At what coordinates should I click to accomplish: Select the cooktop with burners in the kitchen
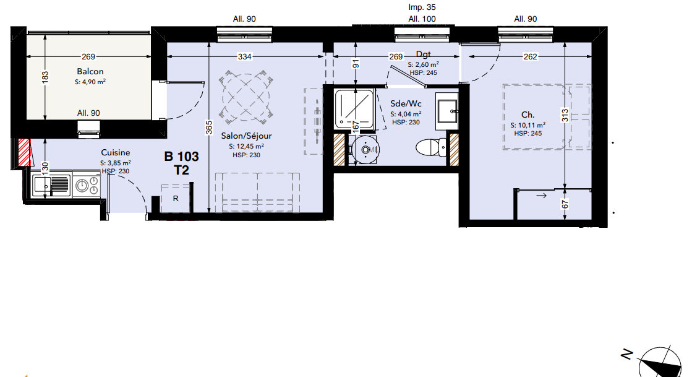pos(86,185)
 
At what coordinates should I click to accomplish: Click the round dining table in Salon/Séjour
pos(246,97)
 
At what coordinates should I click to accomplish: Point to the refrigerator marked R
pos(176,199)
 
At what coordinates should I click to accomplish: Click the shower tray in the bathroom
pos(354,109)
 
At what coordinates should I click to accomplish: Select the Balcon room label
pos(90,72)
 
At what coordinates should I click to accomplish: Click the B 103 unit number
pos(181,157)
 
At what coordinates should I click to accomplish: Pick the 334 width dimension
pos(244,56)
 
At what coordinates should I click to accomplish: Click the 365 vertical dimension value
pos(209,128)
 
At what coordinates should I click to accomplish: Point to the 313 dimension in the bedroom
pos(565,115)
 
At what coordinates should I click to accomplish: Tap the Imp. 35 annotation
pos(422,7)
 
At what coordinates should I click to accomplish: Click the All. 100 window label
pos(422,19)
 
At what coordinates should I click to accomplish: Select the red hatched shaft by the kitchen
pos(24,152)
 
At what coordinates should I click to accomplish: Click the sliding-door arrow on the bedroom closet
pos(542,196)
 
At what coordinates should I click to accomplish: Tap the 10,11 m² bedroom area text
pos(528,126)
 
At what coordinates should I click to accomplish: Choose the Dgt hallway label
pos(423,54)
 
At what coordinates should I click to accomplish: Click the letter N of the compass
pos(626,354)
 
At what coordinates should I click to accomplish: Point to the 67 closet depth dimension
pos(565,204)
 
